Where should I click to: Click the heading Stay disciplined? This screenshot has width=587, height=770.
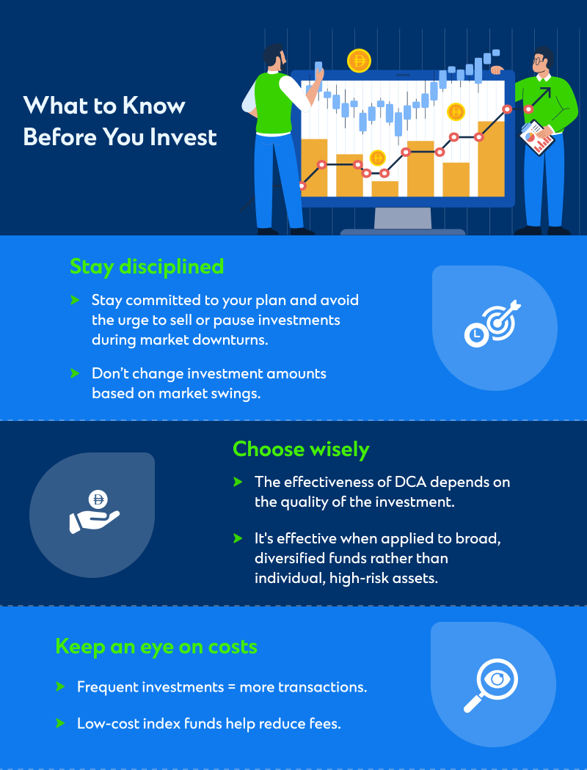point(146,267)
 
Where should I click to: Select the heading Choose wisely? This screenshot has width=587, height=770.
point(301,450)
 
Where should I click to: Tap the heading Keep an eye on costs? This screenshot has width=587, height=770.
point(156,647)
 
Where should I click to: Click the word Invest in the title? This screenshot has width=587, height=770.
point(183,137)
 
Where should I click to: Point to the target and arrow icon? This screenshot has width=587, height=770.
point(492,323)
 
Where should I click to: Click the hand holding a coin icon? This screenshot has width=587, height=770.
point(95,512)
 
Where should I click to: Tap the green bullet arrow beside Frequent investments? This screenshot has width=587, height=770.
point(60,686)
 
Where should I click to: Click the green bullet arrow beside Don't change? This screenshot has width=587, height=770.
point(75,373)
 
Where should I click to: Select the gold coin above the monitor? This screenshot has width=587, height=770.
point(359,61)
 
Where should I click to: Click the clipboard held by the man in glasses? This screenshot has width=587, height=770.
point(536,138)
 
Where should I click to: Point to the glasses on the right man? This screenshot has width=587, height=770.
point(539,61)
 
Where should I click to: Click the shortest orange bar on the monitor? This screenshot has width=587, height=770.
point(384,188)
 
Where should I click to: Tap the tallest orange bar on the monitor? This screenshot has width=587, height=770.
point(491,158)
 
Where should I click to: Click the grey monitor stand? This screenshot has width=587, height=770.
point(403,219)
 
